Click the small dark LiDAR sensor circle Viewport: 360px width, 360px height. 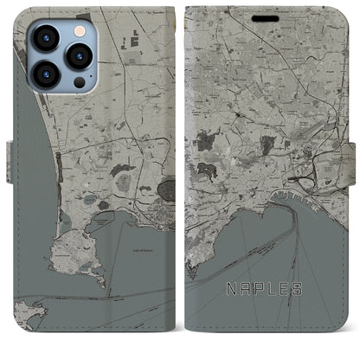coord(79,81)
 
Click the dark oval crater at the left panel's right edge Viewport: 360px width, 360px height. coord(169,188)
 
